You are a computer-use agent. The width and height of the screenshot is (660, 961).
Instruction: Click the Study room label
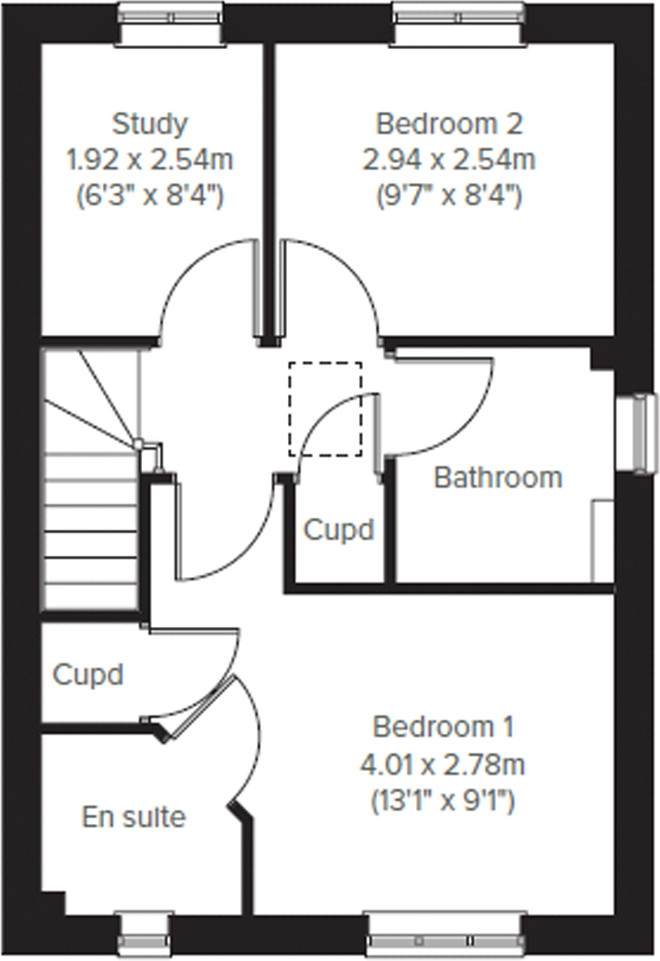point(150,124)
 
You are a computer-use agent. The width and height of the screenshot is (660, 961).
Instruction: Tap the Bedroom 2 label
point(449,124)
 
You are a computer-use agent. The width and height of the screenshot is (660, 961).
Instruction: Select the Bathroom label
point(498,478)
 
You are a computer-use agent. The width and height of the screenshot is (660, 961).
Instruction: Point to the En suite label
point(134,817)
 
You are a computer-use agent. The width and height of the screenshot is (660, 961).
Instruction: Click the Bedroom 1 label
point(444,727)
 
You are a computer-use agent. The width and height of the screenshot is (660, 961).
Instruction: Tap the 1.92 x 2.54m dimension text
point(150,160)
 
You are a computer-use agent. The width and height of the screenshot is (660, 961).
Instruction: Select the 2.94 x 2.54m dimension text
point(449,160)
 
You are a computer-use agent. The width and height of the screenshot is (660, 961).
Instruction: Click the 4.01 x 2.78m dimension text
point(442,765)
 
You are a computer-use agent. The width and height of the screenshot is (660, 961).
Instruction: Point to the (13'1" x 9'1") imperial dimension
point(442,801)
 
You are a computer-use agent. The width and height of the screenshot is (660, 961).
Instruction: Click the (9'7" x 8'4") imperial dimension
point(449,196)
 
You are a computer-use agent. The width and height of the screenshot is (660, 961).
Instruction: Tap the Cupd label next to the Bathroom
point(339,530)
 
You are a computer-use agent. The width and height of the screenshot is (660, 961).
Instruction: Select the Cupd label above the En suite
point(88,674)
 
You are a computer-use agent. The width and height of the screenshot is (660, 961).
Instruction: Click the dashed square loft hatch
point(325,409)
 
